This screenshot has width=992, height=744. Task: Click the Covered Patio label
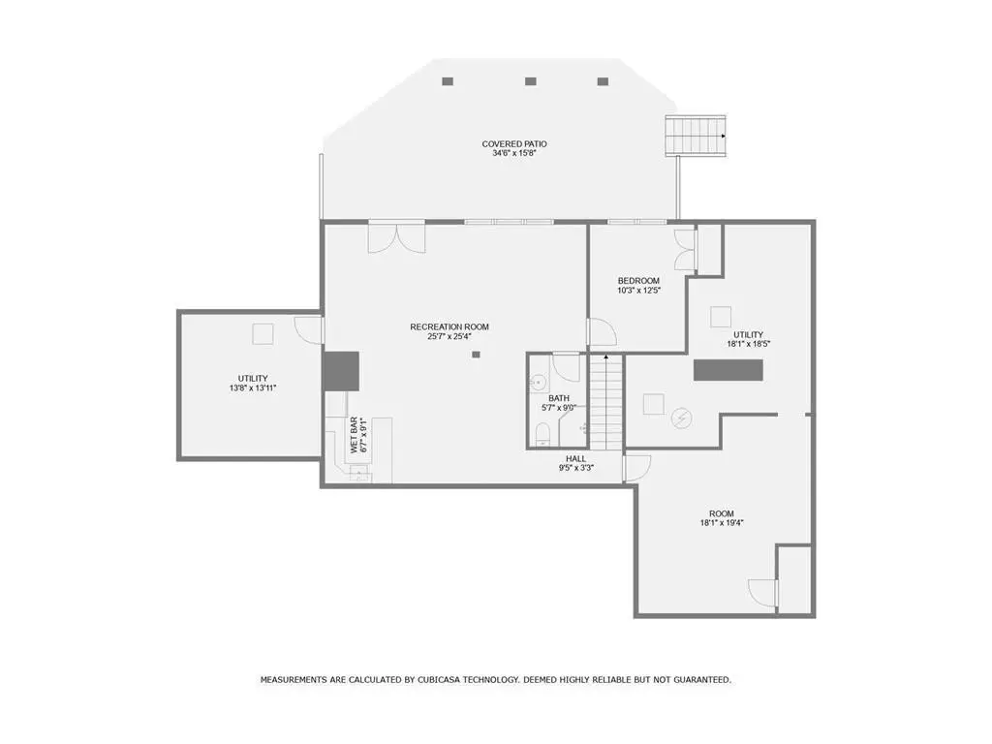coord(514,144)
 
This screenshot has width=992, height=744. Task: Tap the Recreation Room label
coord(449,327)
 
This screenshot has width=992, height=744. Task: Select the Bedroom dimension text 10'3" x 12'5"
coord(639,291)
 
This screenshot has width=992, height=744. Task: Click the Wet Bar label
coord(355,435)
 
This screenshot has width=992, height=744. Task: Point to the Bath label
coord(559,398)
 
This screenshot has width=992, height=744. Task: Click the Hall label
coord(575,458)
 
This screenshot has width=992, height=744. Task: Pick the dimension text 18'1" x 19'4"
coord(722,523)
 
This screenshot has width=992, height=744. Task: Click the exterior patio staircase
coord(695,136)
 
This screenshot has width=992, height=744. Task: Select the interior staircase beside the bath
coord(606,402)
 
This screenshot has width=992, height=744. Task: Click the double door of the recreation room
coord(396,238)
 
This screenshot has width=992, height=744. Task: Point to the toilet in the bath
coord(542,434)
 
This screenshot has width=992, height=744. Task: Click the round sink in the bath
coord(538,382)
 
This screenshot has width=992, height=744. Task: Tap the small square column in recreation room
coord(476,355)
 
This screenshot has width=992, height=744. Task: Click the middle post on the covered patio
coord(531,81)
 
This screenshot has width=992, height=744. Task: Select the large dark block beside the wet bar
coord(341,371)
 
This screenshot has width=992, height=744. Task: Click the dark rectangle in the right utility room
coord(728,370)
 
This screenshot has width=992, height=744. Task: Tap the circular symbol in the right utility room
coord(681,418)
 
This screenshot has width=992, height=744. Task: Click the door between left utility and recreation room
coord(310,330)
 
